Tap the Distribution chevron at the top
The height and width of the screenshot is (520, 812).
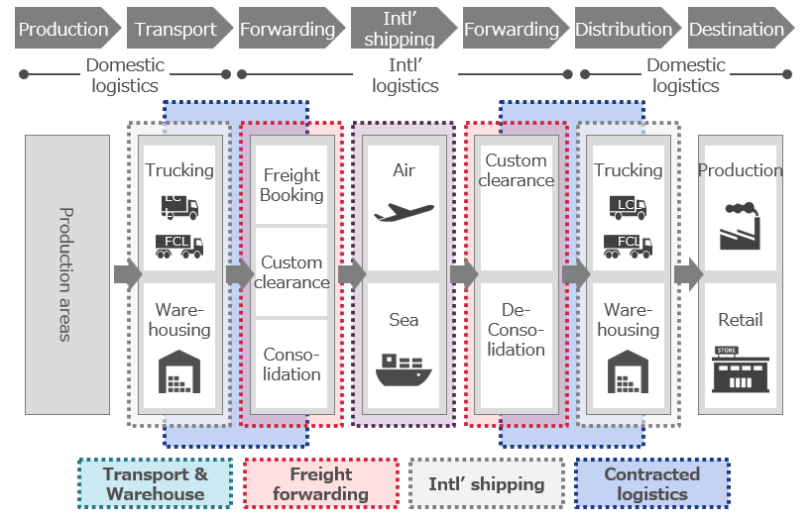(x=624, y=29)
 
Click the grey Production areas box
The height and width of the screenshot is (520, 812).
(x=67, y=274)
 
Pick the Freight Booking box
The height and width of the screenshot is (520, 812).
(x=291, y=185)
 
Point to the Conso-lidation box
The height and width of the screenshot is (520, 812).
(x=291, y=364)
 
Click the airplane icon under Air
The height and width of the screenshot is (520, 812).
(x=404, y=212)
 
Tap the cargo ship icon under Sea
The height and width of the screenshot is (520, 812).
(x=404, y=368)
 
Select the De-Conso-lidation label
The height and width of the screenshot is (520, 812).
(x=516, y=330)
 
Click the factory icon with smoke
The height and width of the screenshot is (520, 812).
(x=740, y=224)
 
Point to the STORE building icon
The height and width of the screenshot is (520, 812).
(x=740, y=369)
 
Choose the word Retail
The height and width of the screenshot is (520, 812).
(x=740, y=320)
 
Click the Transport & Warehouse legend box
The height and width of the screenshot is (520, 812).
(x=155, y=483)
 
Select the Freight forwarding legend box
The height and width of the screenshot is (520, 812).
(x=320, y=483)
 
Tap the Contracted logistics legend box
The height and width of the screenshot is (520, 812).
(x=651, y=483)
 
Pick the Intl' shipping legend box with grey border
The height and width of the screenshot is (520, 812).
(x=486, y=483)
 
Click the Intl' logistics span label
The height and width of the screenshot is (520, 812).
(x=406, y=75)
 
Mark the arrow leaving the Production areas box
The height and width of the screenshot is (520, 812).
(x=127, y=274)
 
